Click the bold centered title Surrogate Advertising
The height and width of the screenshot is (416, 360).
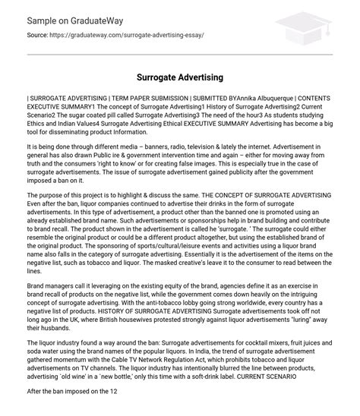[180, 77]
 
